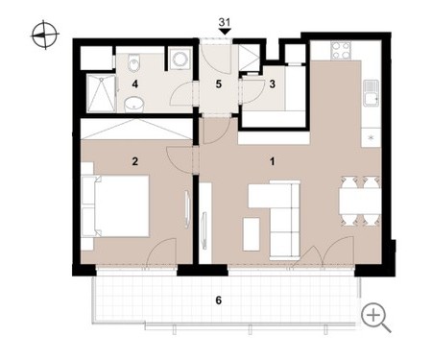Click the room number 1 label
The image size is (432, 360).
coord(272,161)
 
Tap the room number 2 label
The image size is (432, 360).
coord(135,161)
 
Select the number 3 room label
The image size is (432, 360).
coord(273,84)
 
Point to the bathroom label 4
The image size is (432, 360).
coord(135,84)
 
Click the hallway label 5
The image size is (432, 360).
coord(219,84)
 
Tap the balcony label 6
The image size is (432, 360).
coord(219,300)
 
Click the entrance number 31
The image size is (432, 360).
coord(225,22)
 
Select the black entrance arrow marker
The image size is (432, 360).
coord(225,32)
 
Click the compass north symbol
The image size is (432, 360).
coord(45,35)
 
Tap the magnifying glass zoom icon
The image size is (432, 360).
coord(376,318)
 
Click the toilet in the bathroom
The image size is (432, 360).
coord(133,61)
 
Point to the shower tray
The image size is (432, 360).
coord(102,93)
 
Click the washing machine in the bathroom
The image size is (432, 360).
coord(180,59)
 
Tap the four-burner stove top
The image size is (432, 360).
coord(341,51)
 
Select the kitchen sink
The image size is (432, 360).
coord(372,93)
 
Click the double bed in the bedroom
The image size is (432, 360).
coord(116,206)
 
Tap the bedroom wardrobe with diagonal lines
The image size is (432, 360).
coord(136,129)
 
